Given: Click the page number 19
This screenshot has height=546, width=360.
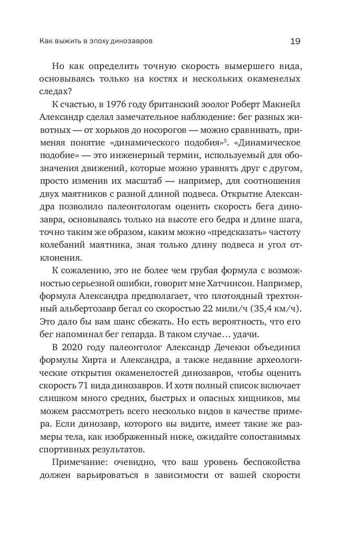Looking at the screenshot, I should tap(295, 41).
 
